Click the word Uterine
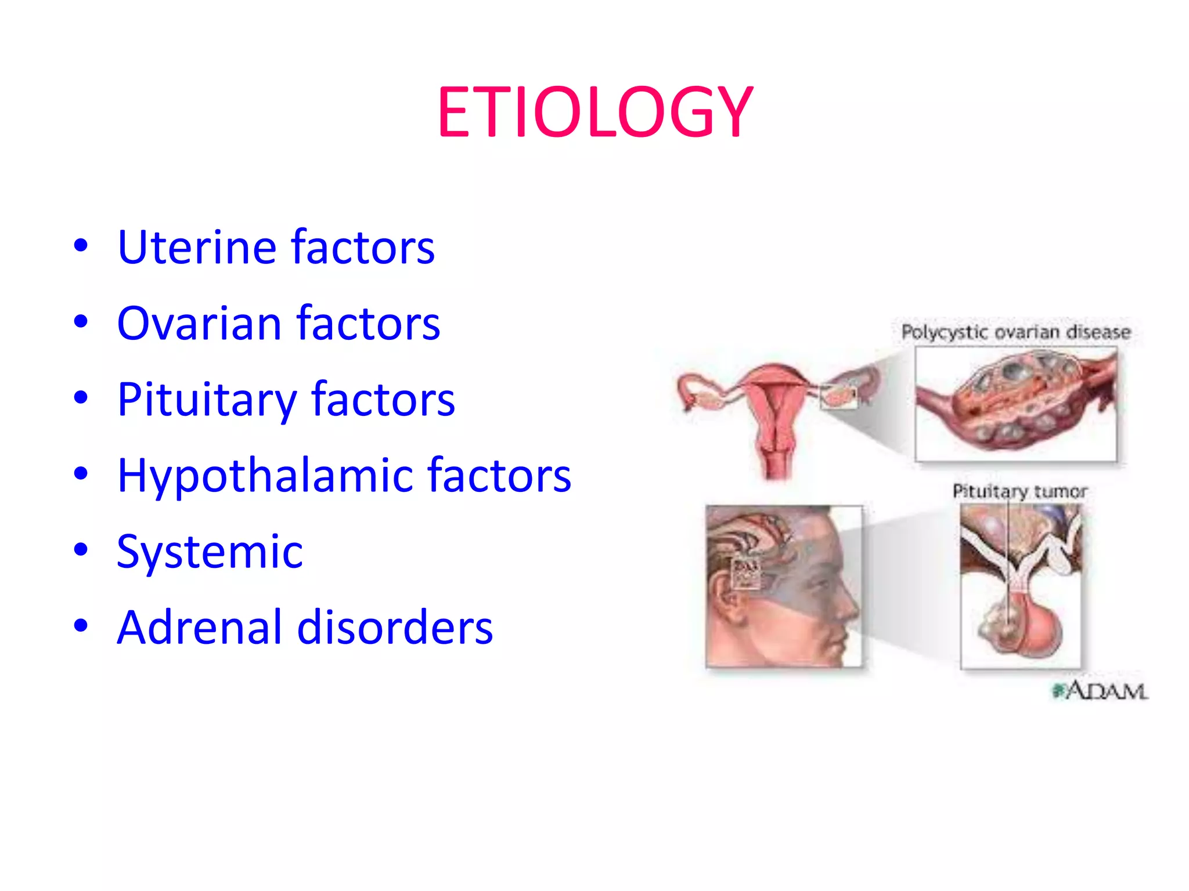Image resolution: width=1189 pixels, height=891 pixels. [197, 247]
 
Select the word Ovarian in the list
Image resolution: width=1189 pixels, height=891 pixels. [199, 323]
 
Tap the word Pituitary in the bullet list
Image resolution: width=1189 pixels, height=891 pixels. [206, 400]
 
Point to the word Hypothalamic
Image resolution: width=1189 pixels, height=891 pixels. [264, 476]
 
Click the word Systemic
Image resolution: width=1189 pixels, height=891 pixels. [210, 552]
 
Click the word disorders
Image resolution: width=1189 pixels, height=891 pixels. [395, 628]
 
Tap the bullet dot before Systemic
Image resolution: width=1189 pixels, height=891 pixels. [81, 549]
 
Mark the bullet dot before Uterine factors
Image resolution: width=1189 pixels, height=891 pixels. [81, 245]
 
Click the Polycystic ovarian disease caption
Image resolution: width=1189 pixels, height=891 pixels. [1015, 332]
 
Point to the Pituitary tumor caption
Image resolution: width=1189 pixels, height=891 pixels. [1019, 491]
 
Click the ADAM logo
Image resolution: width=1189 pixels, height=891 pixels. [1101, 691]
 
